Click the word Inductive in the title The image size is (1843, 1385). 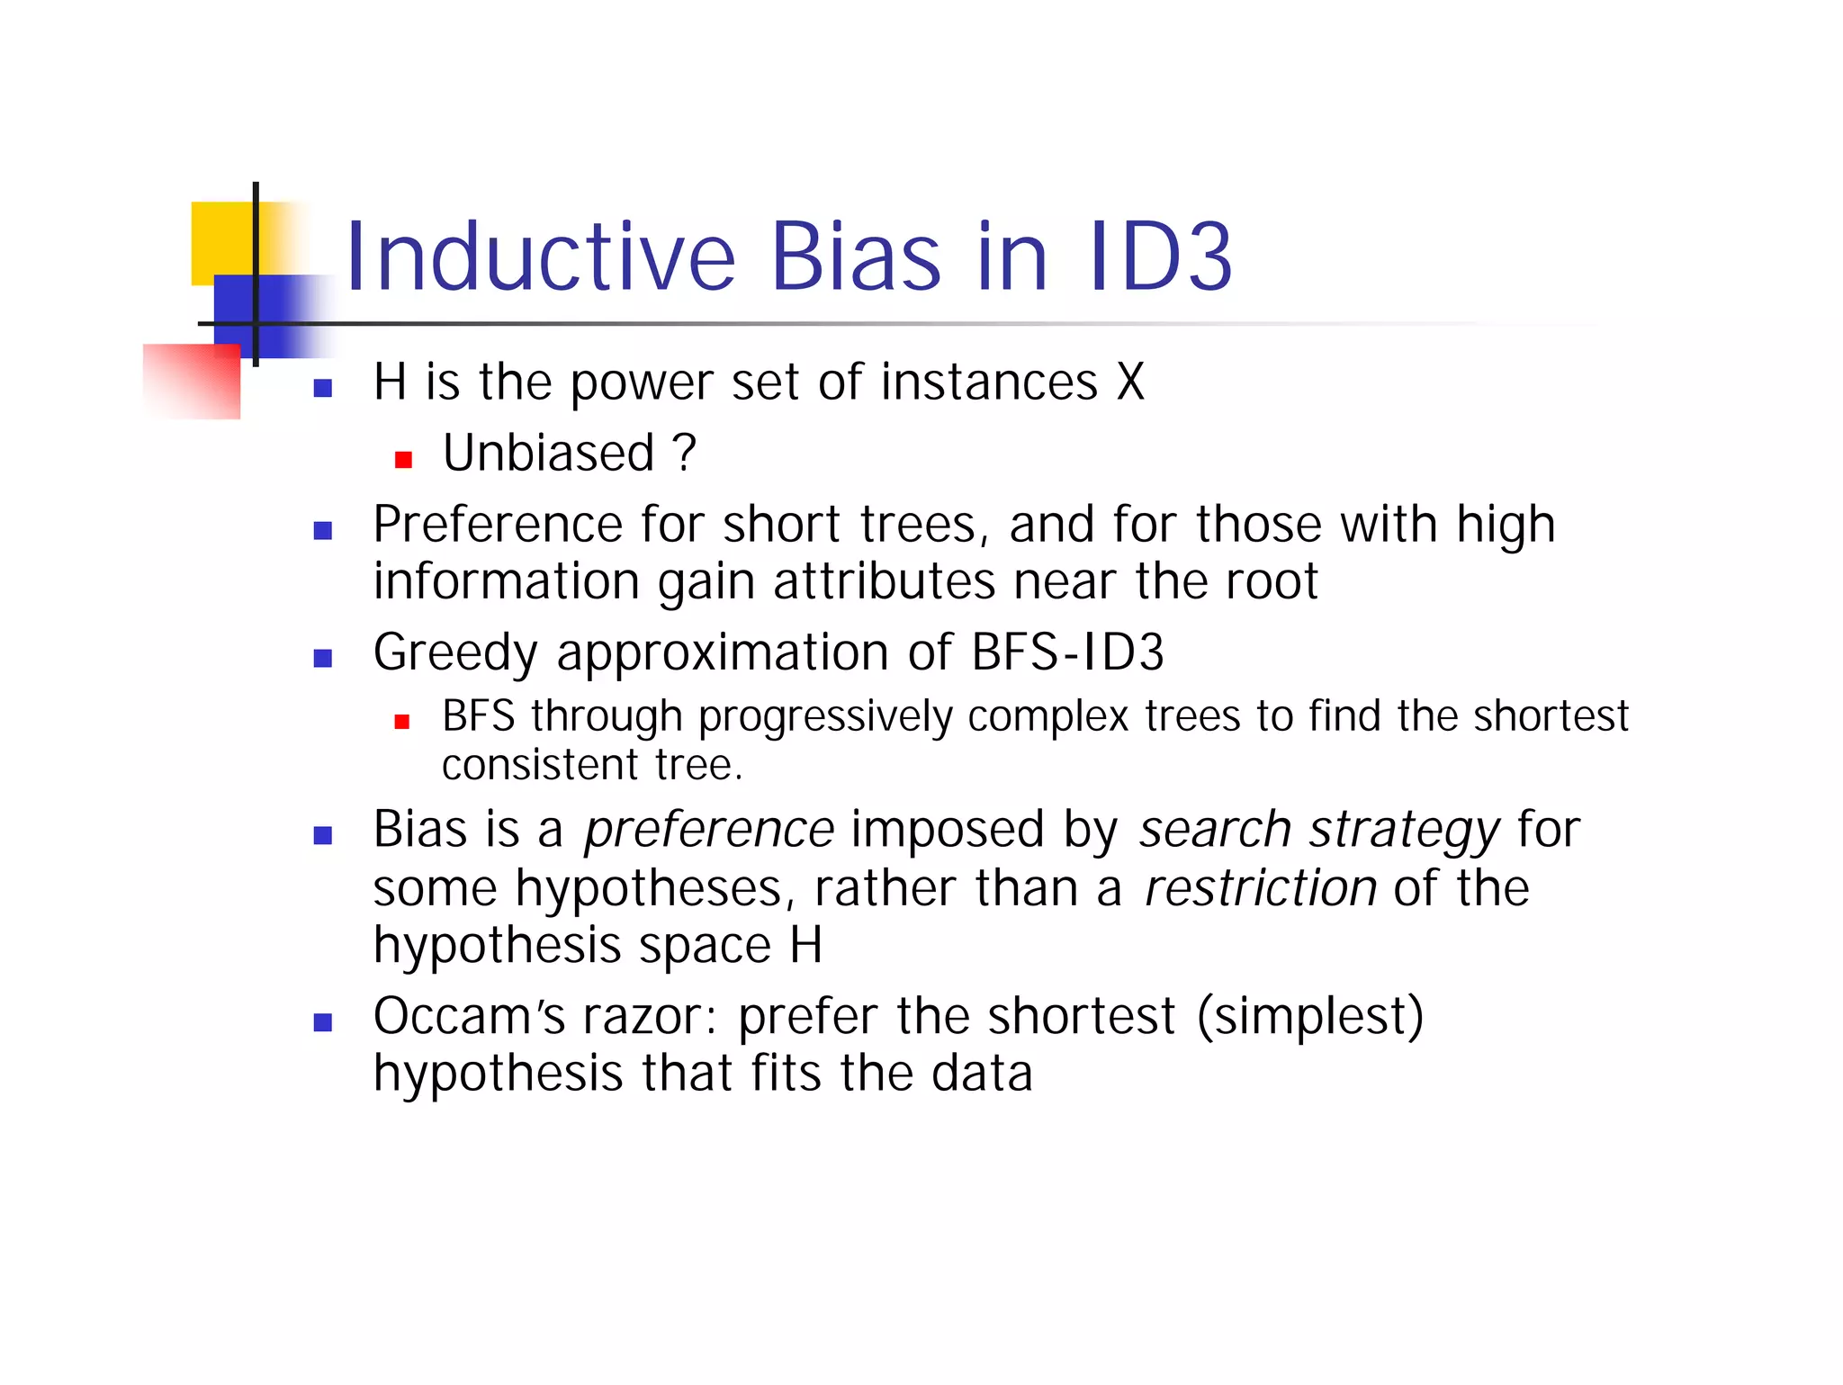click(540, 257)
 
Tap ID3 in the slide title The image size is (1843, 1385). click(1160, 257)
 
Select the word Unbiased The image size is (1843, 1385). click(548, 453)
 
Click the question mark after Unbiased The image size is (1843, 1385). click(684, 453)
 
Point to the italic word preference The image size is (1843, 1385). click(709, 830)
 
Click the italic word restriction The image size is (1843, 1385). click(1260, 888)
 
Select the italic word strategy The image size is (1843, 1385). click(1405, 830)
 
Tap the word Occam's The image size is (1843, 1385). click(469, 1017)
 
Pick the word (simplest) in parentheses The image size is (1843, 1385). click(1310, 1017)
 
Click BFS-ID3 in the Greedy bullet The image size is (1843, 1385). click(1067, 652)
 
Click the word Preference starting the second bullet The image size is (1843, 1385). click(498, 525)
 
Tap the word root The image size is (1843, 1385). click(1272, 582)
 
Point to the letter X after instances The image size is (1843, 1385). click(1130, 382)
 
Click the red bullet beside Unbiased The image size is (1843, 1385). click(403, 461)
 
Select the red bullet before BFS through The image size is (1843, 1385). click(402, 722)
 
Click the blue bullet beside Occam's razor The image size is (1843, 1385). click(323, 1022)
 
